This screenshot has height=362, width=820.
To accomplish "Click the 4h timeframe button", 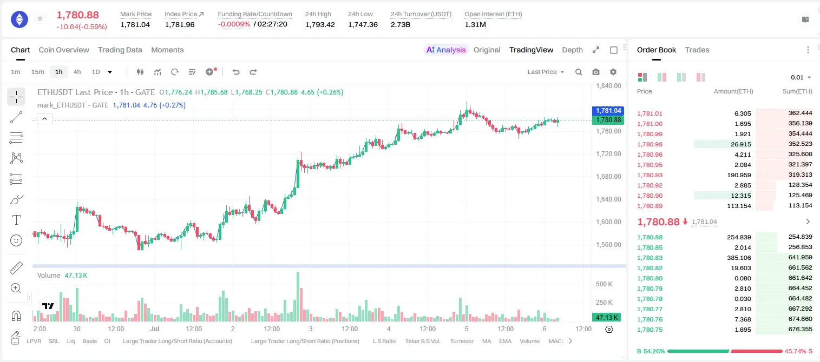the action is pyautogui.click(x=77, y=72).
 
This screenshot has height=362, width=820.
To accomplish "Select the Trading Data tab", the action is pyautogui.click(x=120, y=50).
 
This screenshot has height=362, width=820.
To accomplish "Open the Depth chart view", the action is pyautogui.click(x=572, y=50).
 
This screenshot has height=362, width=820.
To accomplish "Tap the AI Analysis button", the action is pyautogui.click(x=446, y=50).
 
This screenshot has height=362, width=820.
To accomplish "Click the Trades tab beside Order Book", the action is pyautogui.click(x=697, y=50).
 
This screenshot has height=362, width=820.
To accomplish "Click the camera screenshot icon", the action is pyautogui.click(x=596, y=72).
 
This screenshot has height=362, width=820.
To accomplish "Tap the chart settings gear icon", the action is pyautogui.click(x=613, y=72).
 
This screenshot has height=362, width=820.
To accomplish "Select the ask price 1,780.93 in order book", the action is pyautogui.click(x=650, y=175).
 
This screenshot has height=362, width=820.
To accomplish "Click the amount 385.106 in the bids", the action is pyautogui.click(x=739, y=258).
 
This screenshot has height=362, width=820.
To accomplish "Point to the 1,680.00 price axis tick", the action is pyautogui.click(x=608, y=177).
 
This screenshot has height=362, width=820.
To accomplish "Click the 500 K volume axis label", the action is pyautogui.click(x=604, y=284).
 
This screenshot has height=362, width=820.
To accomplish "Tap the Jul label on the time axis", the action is pyautogui.click(x=154, y=329).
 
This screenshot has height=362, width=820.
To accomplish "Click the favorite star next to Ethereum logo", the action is pyautogui.click(x=40, y=18).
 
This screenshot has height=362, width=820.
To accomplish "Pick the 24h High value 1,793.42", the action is pyautogui.click(x=320, y=24).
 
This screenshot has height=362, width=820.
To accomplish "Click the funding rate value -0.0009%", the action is pyautogui.click(x=234, y=24).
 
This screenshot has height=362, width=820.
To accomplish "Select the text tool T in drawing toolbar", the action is pyautogui.click(x=16, y=220).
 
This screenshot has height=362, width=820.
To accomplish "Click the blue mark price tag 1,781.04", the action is pyautogui.click(x=608, y=110).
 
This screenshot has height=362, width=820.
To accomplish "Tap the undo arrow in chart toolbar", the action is pyautogui.click(x=236, y=72).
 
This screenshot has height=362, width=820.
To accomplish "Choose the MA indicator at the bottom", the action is pyautogui.click(x=487, y=341).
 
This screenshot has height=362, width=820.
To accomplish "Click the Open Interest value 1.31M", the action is pyautogui.click(x=475, y=24).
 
